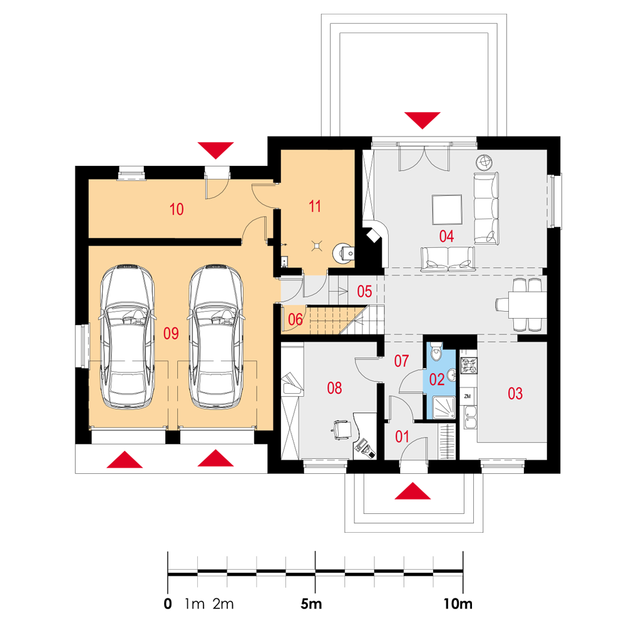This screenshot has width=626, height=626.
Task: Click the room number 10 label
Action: coord(177,209)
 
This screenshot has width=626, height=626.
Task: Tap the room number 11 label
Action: coord(315,207)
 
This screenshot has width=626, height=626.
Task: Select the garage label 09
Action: coord(171,334)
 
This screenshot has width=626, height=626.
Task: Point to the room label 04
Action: coord(446,237)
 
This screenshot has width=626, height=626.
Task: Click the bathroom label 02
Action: coord(437,379)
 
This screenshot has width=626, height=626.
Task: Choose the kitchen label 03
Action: coord(515,394)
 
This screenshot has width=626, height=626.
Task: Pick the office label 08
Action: coord(334,387)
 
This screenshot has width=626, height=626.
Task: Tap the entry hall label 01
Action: coord(402,437)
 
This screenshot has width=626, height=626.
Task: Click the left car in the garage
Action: coord(127,336)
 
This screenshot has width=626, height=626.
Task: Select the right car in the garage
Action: coord(216,336)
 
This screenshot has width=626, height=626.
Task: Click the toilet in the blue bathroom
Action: coord(436,351)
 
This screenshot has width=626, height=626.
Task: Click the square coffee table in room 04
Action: coord(447,209)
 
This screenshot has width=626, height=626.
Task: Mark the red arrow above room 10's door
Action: coord(215,150)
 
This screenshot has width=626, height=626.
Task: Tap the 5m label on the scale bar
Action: coord(311,603)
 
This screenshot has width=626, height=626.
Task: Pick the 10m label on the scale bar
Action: coord(458,603)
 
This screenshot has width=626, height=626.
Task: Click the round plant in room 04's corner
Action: coord(484,162)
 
